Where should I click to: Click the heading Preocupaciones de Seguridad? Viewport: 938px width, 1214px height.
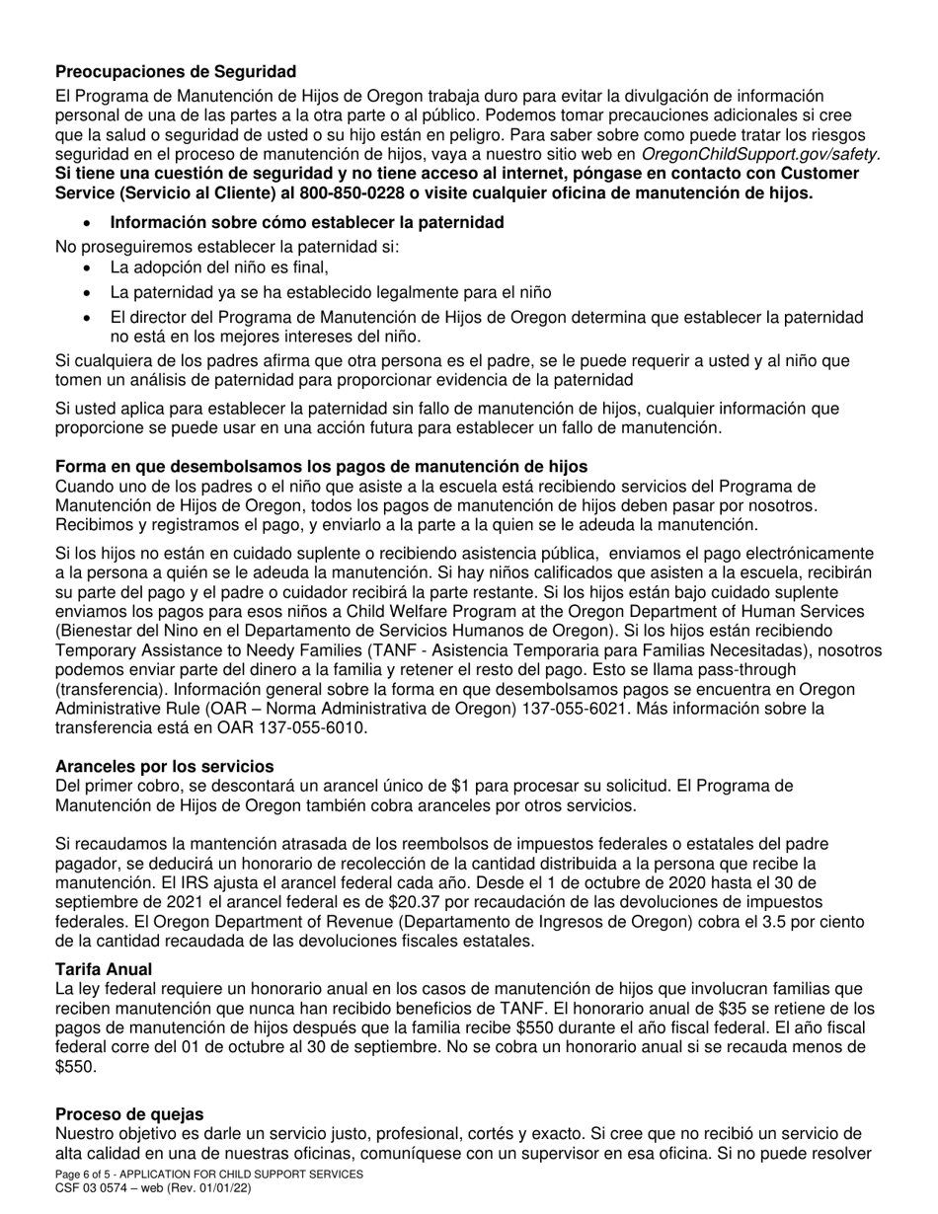click(176, 72)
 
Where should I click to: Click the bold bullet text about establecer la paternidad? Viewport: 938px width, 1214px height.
click(307, 222)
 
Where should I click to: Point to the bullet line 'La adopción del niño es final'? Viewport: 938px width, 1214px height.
click(219, 267)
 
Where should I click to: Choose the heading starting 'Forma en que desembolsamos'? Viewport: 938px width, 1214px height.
click(321, 467)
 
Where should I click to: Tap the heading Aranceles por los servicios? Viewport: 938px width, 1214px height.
click(165, 766)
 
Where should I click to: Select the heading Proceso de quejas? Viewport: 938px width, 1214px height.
click(129, 1113)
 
